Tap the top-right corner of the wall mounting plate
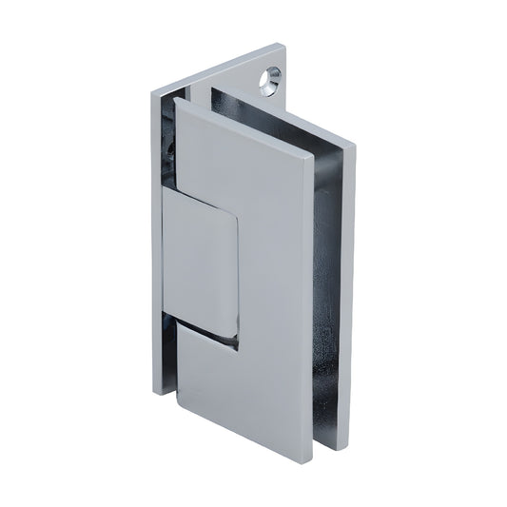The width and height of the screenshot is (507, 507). tap(283, 44)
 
